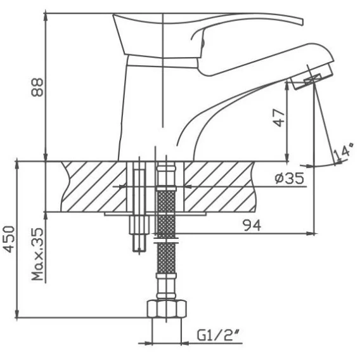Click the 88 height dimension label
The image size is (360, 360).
point(37,87)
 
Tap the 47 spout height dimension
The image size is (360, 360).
point(280,119)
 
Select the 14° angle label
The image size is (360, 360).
point(344,151)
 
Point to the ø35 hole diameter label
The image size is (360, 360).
point(290,178)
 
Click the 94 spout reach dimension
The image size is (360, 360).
point(252,225)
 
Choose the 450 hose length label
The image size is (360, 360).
point(10,239)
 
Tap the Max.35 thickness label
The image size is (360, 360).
point(37,254)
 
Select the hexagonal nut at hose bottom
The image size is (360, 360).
point(167,309)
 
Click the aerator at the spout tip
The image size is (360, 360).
point(311,77)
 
